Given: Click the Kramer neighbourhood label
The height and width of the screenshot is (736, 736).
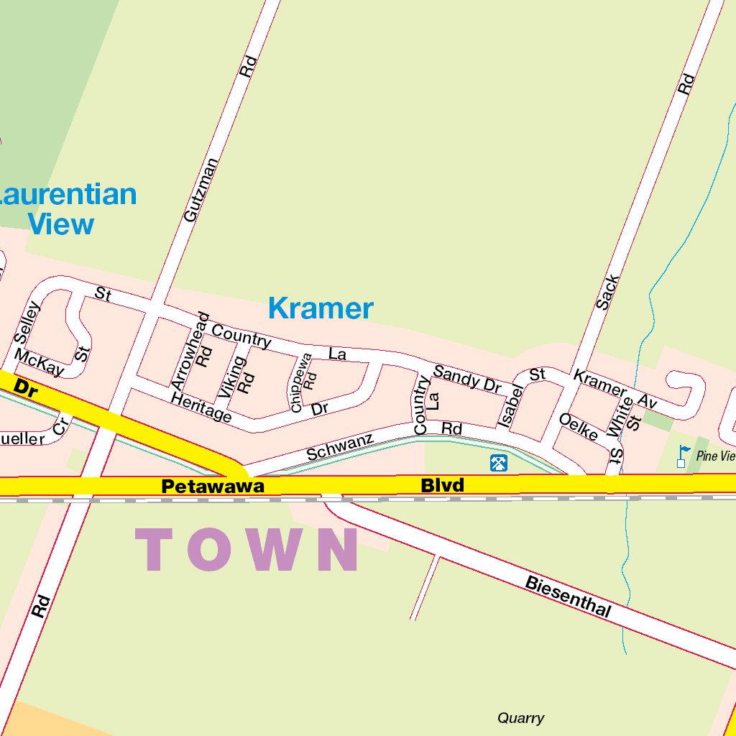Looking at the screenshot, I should click(x=321, y=308).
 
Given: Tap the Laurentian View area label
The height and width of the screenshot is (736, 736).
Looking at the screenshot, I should click(x=65, y=209).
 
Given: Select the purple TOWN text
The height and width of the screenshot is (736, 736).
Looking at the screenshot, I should click(x=247, y=551).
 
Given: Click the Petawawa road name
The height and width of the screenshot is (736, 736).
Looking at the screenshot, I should click(x=213, y=487).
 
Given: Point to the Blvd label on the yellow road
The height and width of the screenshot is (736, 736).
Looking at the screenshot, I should click(x=442, y=486).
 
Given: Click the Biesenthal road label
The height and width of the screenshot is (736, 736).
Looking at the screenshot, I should click(x=568, y=596).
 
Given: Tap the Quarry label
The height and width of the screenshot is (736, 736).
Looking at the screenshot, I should click(x=520, y=718).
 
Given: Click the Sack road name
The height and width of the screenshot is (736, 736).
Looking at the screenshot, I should click(x=607, y=292).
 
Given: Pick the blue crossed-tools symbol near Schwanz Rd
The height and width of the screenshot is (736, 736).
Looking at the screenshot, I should click(x=499, y=463).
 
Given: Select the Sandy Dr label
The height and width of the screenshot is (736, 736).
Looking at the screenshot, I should click(x=467, y=379).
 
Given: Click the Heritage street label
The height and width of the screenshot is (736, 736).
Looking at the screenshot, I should click(x=202, y=408).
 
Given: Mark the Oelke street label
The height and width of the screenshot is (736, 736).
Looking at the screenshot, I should click(x=579, y=427).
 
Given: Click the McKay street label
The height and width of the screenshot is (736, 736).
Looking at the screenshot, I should click(x=39, y=363).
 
